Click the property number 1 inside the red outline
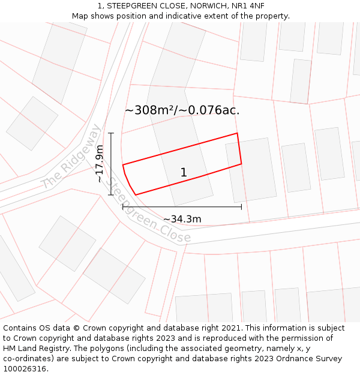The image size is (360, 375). [x=184, y=173]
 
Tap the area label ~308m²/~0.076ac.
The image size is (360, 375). [x=182, y=110]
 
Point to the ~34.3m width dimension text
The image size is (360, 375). [x=182, y=219]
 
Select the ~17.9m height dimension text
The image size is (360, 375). [x=100, y=164]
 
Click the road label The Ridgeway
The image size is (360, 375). [x=71, y=157]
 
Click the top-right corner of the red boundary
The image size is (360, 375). [x=237, y=133]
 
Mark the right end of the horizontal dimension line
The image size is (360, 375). [x=241, y=207]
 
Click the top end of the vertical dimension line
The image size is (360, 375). [x=111, y=133]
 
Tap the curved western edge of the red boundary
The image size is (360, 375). [x=127, y=180]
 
